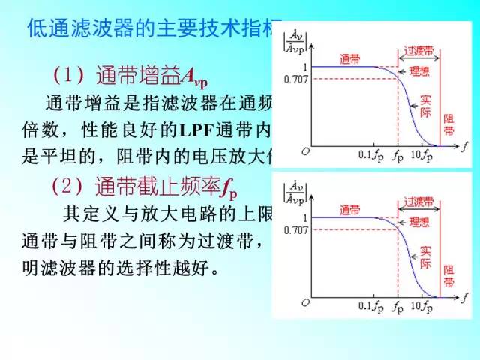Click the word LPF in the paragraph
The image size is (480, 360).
pos(196,128)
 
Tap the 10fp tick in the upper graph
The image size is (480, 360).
pos(421,155)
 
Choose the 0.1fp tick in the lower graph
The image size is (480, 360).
pos(371,306)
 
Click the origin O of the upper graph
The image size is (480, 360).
pos(305,151)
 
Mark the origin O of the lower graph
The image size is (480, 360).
pos(305,301)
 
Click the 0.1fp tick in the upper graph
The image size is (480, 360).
pos(371,155)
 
